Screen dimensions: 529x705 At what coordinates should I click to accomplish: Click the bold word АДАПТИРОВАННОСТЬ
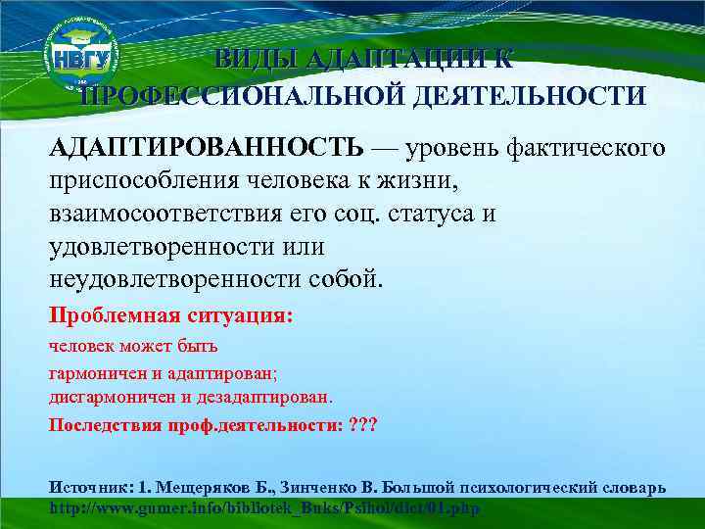pos(206,147)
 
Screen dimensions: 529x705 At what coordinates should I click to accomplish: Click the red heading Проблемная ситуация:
pos(171,316)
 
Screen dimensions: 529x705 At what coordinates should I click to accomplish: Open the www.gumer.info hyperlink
pos(264,509)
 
